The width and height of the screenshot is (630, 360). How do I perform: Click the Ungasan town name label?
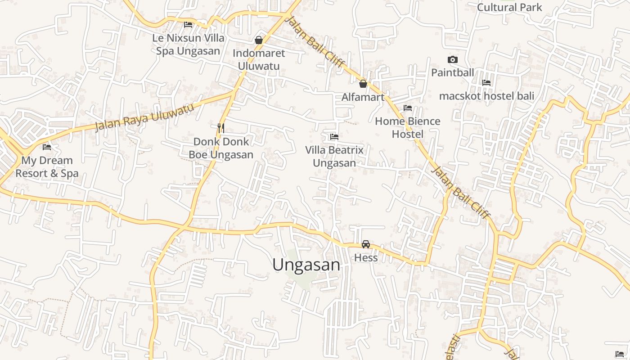coord(306,265)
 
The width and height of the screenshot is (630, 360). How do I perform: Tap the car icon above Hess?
coord(366,244)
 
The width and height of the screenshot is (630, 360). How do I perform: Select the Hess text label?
coord(366,257)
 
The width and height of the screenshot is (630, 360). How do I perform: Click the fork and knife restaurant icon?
coord(220,128)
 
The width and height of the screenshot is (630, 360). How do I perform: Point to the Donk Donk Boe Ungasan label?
coord(220,148)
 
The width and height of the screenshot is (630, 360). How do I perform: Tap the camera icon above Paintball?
coord(453,59)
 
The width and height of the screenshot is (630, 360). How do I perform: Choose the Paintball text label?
coord(453,72)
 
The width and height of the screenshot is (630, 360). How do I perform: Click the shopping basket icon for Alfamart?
coord(363,84)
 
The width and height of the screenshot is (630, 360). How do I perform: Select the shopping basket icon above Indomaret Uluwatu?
coord(259,40)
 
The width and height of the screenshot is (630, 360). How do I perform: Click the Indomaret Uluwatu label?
coord(259,59)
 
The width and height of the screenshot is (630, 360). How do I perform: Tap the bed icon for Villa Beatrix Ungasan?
coord(334,136)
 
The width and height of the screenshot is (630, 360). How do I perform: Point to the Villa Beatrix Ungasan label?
coord(334,156)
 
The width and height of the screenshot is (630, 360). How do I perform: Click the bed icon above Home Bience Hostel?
coord(408,108)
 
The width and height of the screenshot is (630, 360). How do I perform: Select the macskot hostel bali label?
coord(486,96)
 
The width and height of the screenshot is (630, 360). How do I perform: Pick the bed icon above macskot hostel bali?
coord(486,83)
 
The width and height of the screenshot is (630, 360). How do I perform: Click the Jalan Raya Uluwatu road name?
coord(144,117)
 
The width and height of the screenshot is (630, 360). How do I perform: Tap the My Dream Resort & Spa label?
coord(47,166)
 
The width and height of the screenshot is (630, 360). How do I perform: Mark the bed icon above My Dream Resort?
coord(47,147)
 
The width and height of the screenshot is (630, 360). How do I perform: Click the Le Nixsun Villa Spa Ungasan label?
coord(188,44)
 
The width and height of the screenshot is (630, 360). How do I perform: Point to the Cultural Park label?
coord(509,7)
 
